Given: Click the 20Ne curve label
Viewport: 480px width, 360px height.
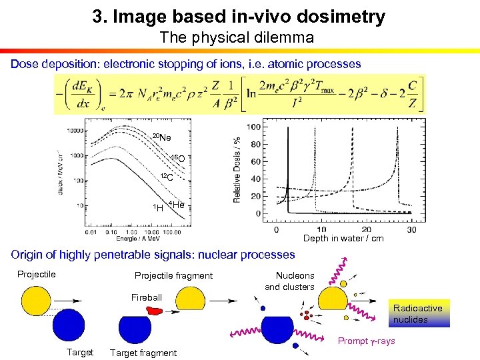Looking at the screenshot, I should [161, 137].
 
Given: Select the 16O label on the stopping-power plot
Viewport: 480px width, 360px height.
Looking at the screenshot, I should [177, 159].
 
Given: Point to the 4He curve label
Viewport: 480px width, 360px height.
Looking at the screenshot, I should [176, 205].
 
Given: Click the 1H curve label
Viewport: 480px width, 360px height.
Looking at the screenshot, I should [157, 208].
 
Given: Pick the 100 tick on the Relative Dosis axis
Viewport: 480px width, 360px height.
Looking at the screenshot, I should [253, 127].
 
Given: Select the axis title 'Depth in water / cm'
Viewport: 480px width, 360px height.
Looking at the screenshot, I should [343, 238].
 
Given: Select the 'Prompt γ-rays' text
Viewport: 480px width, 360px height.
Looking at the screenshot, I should [366, 341].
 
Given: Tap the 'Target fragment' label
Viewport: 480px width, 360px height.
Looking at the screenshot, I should [143, 353].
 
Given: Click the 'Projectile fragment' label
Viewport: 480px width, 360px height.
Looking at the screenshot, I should [173, 275].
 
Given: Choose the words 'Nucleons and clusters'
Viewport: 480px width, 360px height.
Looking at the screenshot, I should [290, 281].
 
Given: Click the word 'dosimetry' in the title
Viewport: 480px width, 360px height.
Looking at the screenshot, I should [338, 17].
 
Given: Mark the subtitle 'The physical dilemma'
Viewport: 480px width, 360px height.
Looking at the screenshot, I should [237, 38].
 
